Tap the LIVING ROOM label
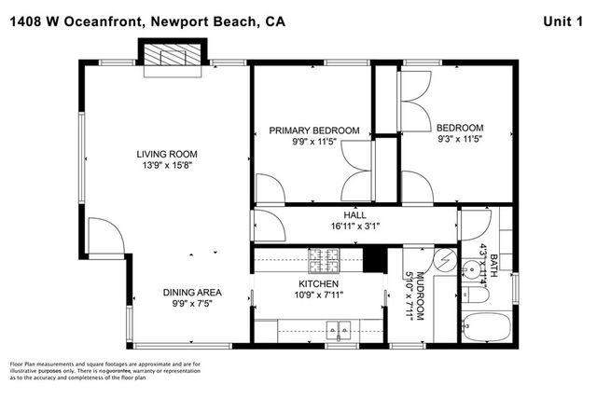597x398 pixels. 167,155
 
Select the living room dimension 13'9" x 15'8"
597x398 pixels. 167,167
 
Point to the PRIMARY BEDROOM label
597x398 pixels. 314,130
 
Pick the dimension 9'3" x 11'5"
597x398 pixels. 460,140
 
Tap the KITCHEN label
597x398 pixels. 318,283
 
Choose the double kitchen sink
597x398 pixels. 337,327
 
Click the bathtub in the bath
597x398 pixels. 486,328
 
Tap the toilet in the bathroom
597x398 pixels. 475,295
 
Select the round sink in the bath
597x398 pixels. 472,265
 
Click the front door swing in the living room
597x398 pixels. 102,234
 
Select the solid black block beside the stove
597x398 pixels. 373,257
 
